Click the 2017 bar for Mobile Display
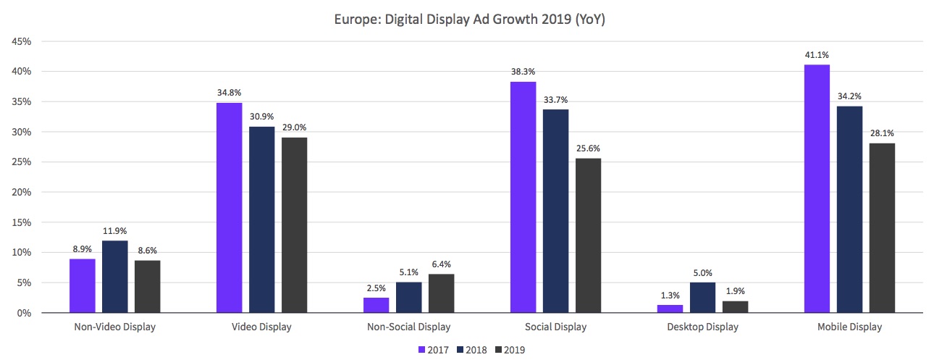point(817,189)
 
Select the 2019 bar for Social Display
point(588,235)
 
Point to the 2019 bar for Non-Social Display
point(441,293)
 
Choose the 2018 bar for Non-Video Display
point(114,277)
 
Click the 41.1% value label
point(817,54)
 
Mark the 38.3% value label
point(523,71)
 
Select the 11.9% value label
point(114,230)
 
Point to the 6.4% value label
point(441,264)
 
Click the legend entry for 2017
point(434,350)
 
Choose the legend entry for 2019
point(509,350)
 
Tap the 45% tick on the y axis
point(22,41)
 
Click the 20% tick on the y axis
point(22,192)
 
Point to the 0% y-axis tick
point(24,313)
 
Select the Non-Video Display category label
point(114,327)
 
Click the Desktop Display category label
point(702,327)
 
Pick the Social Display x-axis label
point(555,327)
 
